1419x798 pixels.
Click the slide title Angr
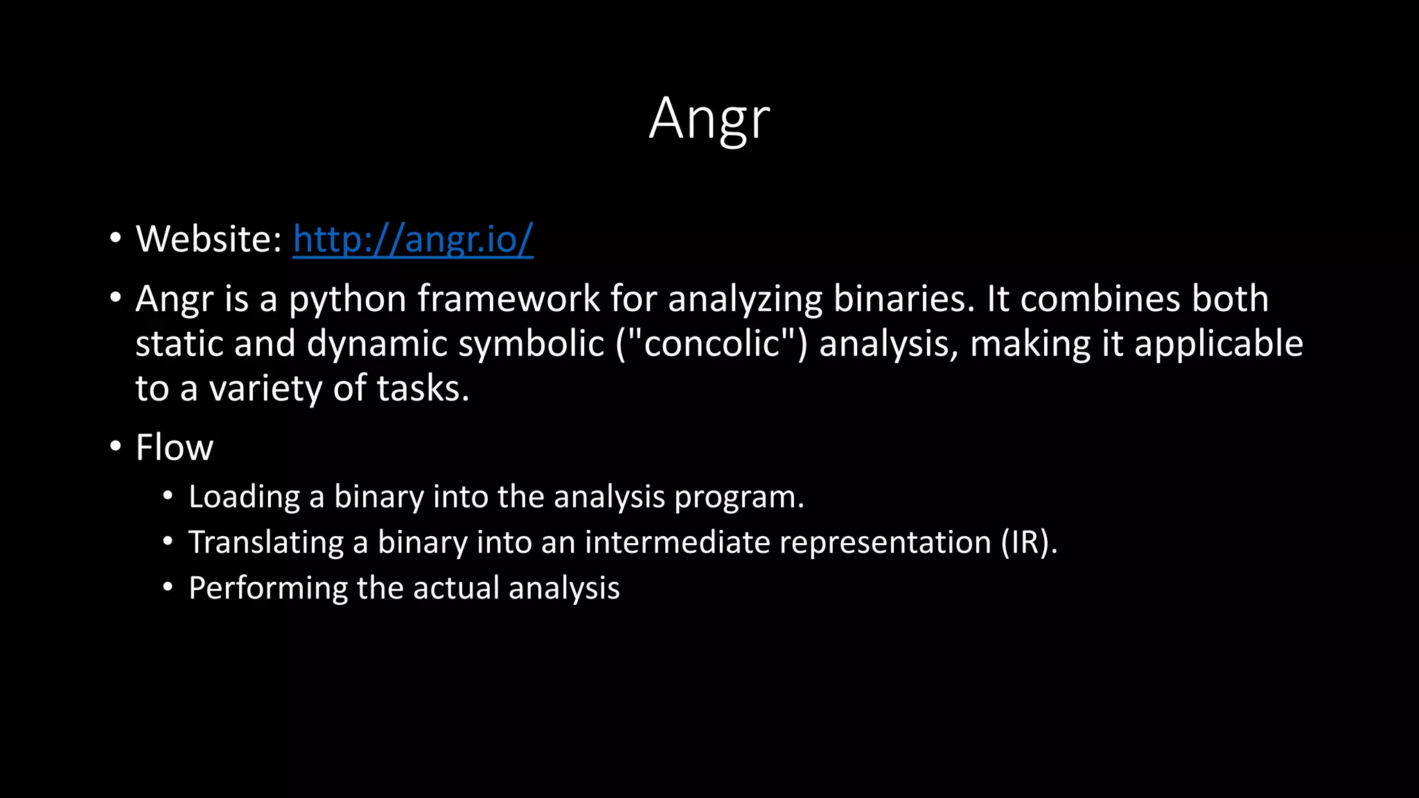pos(709,119)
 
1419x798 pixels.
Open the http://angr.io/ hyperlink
pos(413,240)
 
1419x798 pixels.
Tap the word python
pos(348,301)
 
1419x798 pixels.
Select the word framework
pos(509,299)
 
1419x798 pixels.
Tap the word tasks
pos(423,389)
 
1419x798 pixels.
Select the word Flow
pos(175,447)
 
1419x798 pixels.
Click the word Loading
pos(244,497)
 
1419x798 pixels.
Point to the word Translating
pos(266,542)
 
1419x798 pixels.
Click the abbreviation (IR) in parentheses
pos(1029,542)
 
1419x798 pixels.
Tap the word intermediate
pos(677,542)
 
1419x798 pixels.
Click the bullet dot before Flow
pos(116,446)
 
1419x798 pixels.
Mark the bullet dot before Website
pos(116,238)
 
